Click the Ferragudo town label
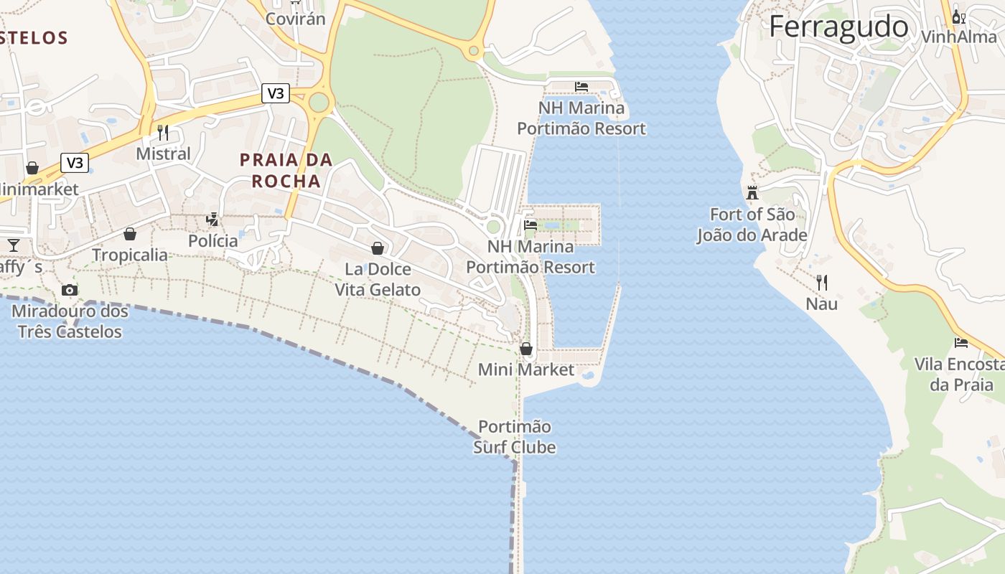[838, 27]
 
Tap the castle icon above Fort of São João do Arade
[752, 192]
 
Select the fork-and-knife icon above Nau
[821, 283]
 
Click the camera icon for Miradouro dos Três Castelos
[70, 290]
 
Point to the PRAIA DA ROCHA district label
[286, 170]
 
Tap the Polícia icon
[212, 220]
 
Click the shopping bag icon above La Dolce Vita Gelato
[378, 248]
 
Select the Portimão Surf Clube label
[515, 437]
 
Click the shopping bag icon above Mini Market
[526, 349]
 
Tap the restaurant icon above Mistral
[163, 133]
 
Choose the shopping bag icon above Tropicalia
[130, 234]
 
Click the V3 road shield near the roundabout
[276, 93]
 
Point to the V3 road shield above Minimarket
[75, 163]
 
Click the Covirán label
[296, 19]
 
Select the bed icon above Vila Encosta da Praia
[961, 342]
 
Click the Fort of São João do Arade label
[752, 225]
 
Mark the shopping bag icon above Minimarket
[32, 168]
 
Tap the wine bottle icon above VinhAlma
[957, 17]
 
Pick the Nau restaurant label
[821, 304]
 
